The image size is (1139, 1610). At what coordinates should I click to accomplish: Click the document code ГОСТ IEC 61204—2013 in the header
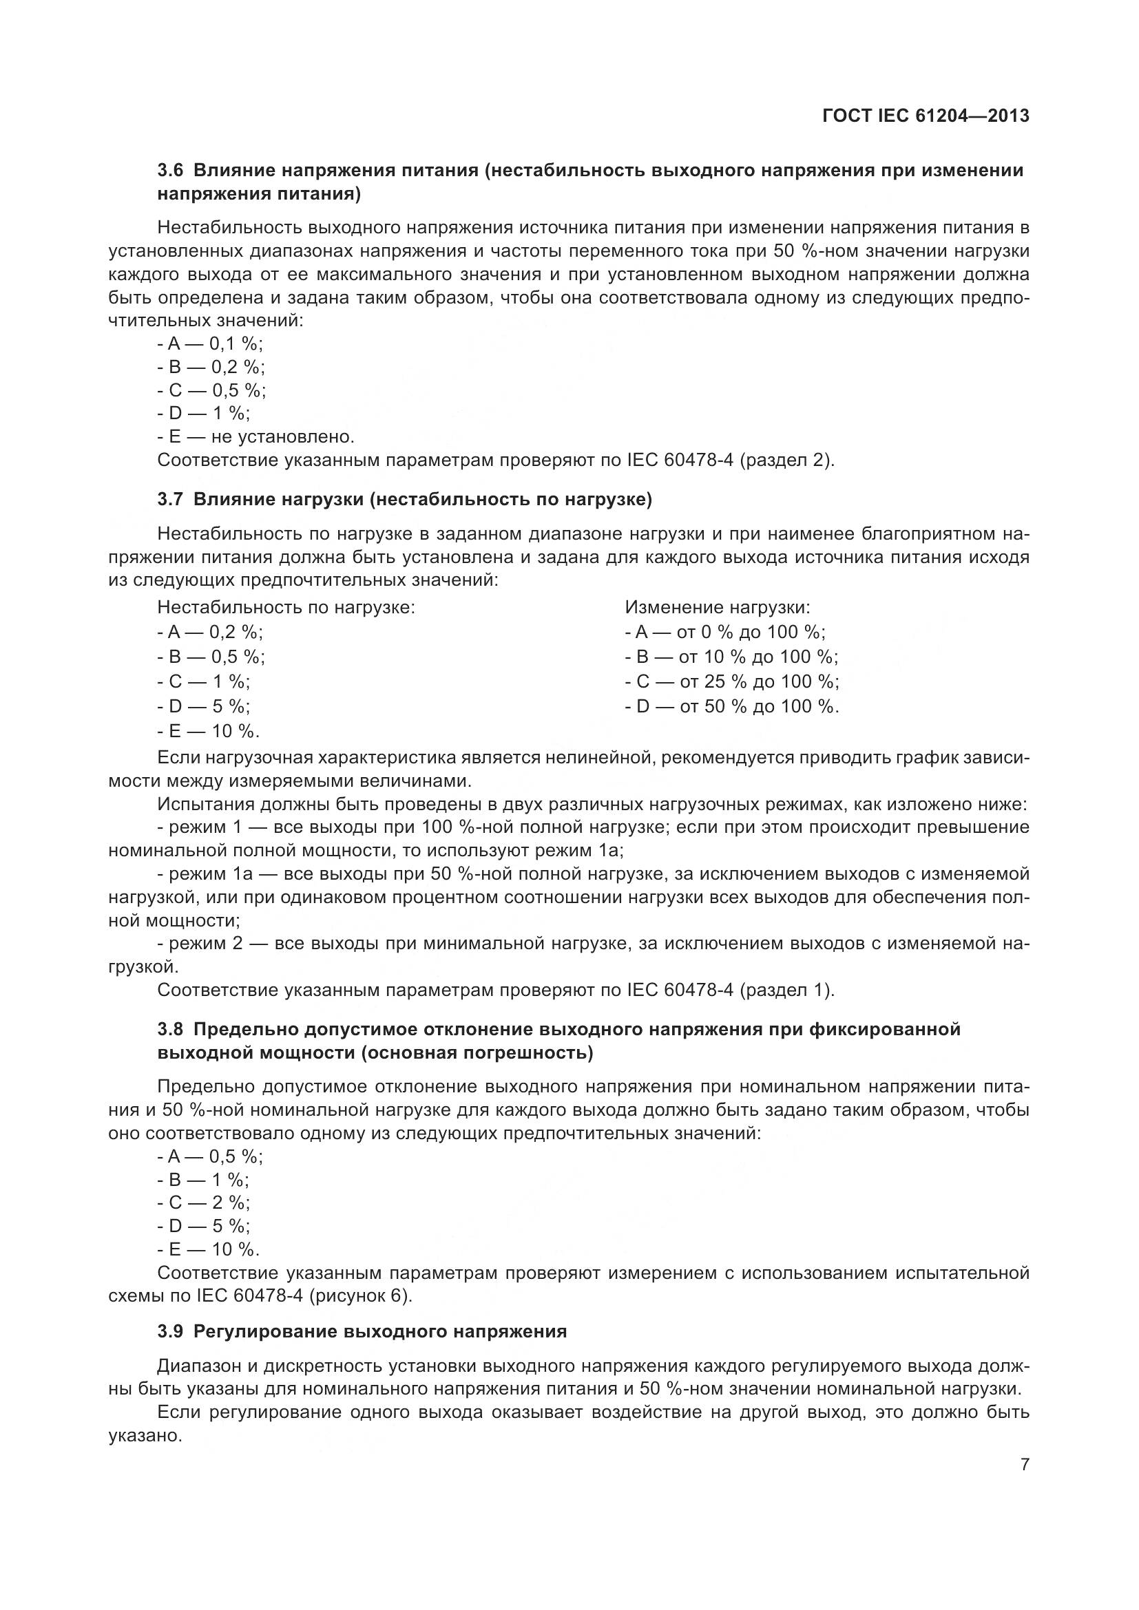[x=925, y=116]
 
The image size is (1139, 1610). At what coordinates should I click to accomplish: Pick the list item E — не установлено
[x=257, y=437]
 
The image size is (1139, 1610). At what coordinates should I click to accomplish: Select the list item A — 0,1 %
[x=211, y=343]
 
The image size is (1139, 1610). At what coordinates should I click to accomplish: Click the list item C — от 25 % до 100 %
[x=731, y=681]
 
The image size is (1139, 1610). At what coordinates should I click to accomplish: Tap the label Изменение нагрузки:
[x=718, y=607]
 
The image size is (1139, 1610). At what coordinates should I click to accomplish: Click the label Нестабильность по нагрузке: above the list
[x=286, y=607]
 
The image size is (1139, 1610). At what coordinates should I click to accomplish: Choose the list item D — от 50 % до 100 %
[x=731, y=706]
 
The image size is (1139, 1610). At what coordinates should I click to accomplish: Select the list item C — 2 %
[x=203, y=1203]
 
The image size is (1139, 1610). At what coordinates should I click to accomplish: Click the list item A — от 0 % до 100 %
[x=725, y=632]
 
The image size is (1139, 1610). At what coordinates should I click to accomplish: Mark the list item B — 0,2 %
[x=211, y=367]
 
